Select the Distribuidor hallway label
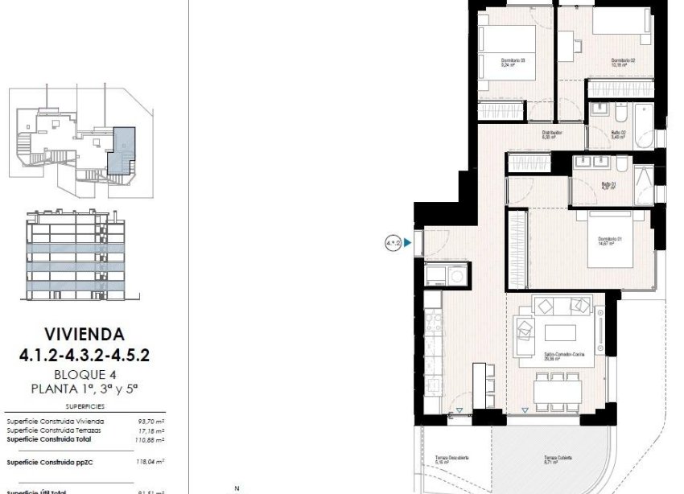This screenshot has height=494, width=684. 551,134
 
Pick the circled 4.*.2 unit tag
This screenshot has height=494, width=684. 394,241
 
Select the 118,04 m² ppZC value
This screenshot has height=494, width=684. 150,462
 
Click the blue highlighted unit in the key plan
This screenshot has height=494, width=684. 123,149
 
